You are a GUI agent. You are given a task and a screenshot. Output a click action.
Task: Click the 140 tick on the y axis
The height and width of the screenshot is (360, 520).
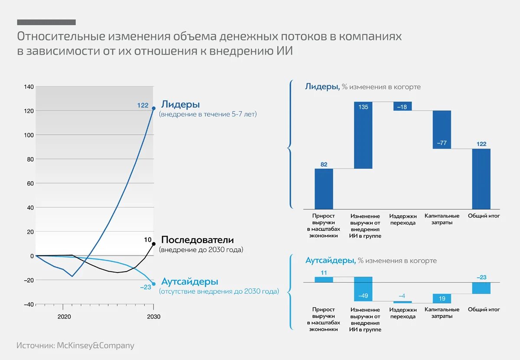tap(29, 87)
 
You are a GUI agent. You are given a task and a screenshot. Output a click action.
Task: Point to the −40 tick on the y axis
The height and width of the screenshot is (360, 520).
tap(28, 305)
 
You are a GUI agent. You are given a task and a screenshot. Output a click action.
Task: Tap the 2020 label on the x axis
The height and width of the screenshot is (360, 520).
tap(64, 317)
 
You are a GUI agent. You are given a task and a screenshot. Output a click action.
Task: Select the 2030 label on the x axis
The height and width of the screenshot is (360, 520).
tap(153, 317)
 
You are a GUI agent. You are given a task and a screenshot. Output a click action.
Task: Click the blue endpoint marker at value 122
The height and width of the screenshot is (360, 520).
tap(153, 108)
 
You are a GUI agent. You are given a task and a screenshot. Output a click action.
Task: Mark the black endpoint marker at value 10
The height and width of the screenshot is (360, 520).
tap(153, 244)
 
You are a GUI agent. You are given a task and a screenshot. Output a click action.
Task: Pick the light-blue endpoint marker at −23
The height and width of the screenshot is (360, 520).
tap(153, 284)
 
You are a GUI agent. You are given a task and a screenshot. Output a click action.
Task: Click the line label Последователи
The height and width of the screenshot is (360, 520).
tap(197, 240)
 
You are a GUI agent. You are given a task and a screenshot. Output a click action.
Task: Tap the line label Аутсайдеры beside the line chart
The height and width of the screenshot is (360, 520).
tap(189, 281)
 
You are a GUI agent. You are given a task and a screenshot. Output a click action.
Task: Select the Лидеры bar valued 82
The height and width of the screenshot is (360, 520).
tap(324, 188)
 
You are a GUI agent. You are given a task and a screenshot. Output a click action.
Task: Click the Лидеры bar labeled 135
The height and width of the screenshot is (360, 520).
tap(363, 135)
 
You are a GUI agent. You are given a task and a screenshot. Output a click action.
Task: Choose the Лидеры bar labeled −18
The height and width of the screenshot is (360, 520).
tap(403, 106)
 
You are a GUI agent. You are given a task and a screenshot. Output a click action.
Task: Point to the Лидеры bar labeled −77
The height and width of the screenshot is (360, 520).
tap(442, 130)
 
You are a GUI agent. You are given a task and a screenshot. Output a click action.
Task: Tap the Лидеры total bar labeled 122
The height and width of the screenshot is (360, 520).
tap(481, 179)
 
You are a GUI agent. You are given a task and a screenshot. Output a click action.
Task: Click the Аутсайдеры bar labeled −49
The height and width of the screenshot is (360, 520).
tap(363, 289)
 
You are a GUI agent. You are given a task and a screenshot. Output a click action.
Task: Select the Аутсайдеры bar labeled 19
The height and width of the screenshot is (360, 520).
tap(442, 298)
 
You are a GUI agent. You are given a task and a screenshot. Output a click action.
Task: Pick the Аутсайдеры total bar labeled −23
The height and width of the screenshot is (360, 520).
tap(481, 288)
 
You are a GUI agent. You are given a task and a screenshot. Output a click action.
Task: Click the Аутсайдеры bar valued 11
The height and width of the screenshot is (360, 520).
tap(324, 279)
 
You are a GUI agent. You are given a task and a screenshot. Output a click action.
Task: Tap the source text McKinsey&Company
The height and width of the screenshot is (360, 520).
tap(95, 346)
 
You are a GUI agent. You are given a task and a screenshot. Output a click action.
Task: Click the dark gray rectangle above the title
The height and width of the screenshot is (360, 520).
tap(46, 22)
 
